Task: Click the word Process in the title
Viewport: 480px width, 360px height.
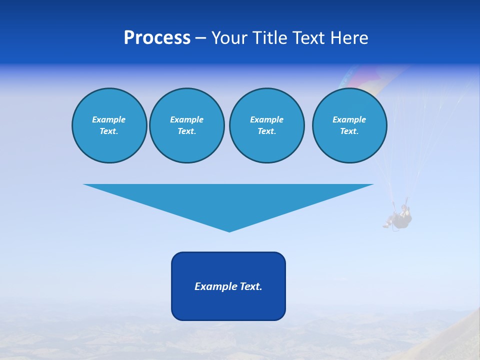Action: tap(157, 38)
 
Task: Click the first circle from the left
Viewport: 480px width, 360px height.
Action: tap(109, 125)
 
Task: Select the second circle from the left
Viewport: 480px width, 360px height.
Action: tap(186, 125)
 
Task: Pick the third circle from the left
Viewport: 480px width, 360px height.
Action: tap(266, 125)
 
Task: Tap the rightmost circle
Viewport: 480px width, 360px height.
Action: tap(349, 125)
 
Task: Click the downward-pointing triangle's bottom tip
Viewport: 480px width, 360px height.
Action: tap(229, 230)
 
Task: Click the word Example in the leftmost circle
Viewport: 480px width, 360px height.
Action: tap(109, 119)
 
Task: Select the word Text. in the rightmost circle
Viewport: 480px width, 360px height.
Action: tap(349, 131)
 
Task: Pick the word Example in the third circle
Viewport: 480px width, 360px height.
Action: tap(266, 119)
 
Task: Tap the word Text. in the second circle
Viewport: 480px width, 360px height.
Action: tap(186, 131)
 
